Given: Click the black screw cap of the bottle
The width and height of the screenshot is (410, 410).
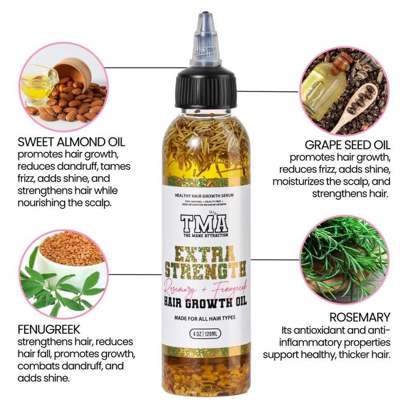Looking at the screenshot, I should (x=206, y=90).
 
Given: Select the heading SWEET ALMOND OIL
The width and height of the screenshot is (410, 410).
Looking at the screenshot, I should (x=71, y=141).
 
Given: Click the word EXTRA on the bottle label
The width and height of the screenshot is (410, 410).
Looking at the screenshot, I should (x=206, y=253).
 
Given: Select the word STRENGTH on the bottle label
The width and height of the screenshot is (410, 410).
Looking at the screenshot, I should (x=206, y=268).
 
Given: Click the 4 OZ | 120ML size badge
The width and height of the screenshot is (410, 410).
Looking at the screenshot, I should (x=206, y=332).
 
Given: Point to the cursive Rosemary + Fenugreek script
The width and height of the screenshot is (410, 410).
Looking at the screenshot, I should (x=206, y=286).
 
